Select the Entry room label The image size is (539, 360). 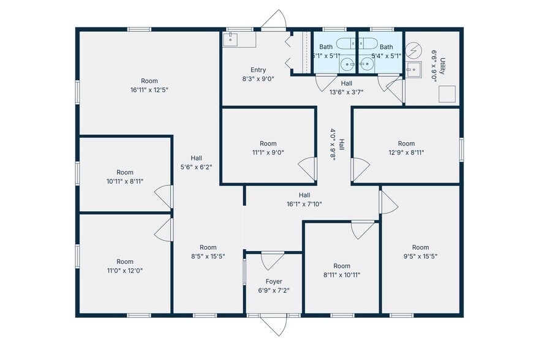[258, 70]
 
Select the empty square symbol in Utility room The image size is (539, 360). [448, 93]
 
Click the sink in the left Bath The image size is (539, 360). [348, 63]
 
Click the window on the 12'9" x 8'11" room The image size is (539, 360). [461, 149]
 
